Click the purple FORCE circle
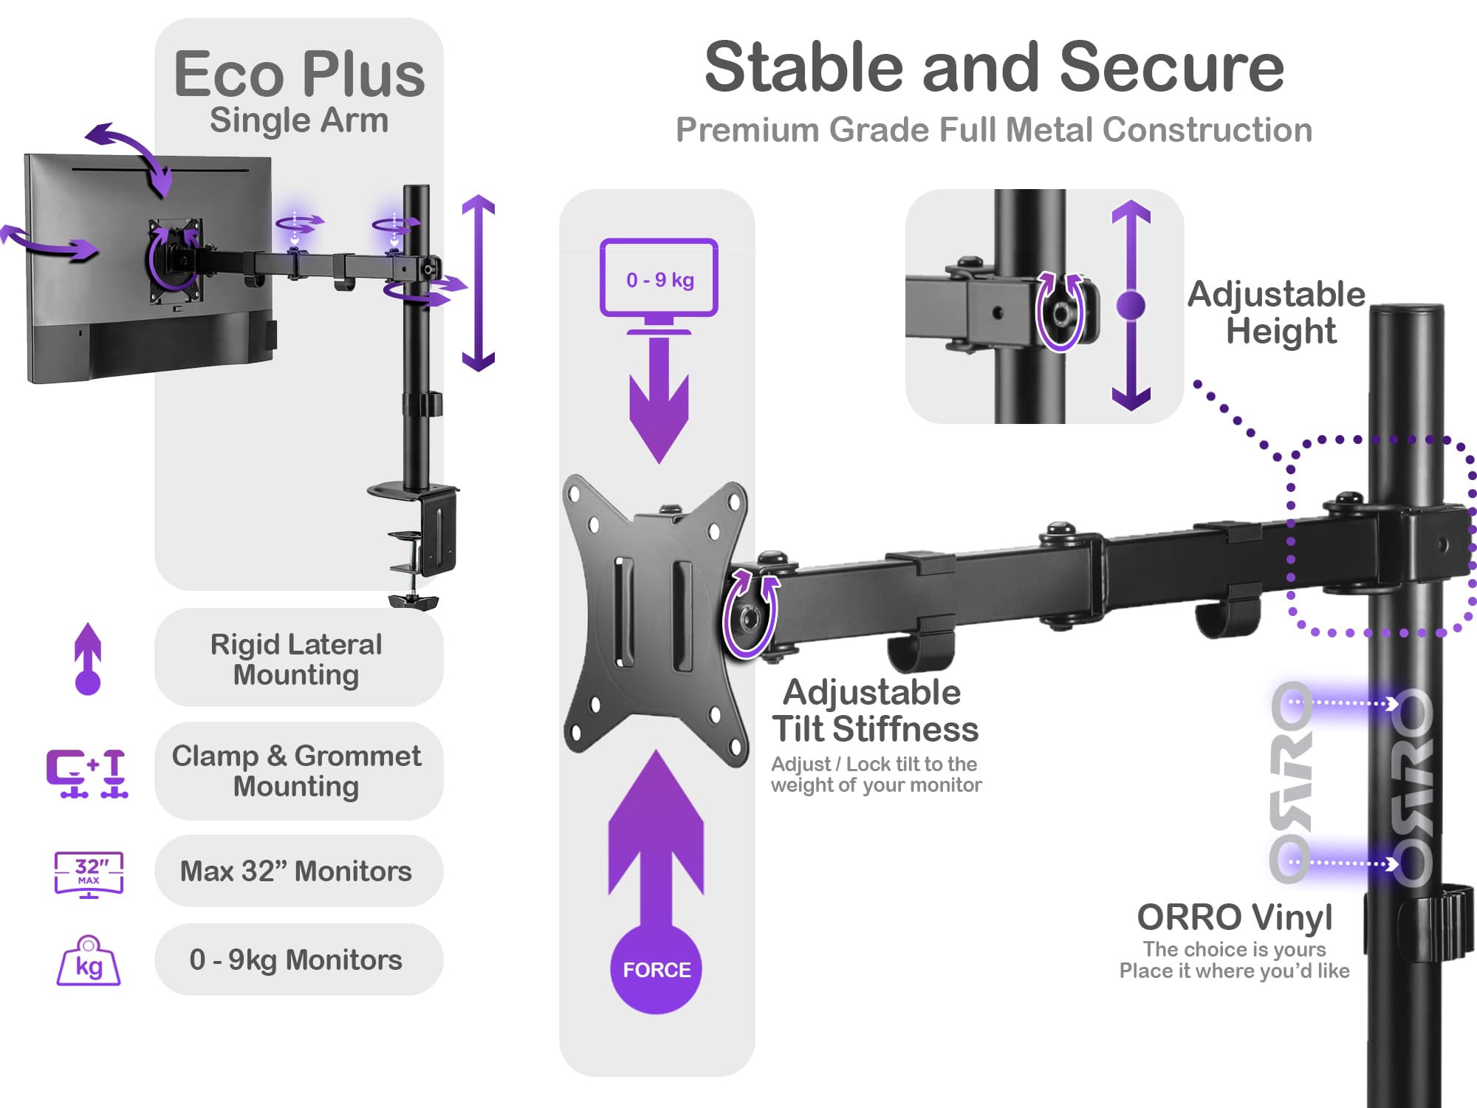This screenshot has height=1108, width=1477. pos(656,969)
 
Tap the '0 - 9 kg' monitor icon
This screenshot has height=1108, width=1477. pos(659,278)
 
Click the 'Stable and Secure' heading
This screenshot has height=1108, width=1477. pos(994,68)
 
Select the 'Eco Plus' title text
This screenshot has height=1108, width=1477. pos(299,75)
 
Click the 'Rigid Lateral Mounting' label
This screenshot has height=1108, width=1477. pos(297,659)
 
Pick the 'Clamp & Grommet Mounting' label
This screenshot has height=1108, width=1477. pos(297,770)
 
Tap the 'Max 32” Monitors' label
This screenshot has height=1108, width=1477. pos(297,872)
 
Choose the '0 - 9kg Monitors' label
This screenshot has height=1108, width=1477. pos(297,960)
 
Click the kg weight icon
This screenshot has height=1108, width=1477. pos(89,962)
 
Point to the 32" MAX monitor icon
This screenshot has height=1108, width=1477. pos(89,874)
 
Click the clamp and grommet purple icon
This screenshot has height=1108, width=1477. pos(87,773)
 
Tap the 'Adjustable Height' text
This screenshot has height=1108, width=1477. pos(1278,312)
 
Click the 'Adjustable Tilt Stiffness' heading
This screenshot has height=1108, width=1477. pos(874,711)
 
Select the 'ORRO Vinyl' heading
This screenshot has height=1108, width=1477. pos(1235,917)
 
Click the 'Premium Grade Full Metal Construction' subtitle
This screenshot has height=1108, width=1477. pos(994,130)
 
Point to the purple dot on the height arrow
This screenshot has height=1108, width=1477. pos(1131,305)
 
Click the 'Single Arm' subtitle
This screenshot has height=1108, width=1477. pos(299,120)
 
